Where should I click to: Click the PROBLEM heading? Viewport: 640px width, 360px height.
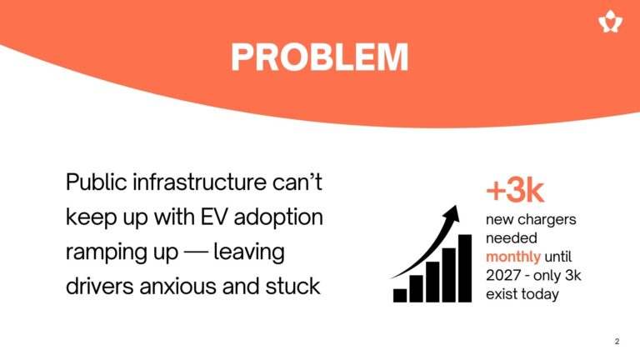tap(320, 57)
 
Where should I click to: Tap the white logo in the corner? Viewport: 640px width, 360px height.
tap(610, 21)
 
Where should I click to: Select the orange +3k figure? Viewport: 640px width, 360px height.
tap(515, 190)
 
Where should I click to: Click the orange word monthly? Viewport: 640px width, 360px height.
tap(513, 257)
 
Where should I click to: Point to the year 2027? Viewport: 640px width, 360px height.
tap(502, 276)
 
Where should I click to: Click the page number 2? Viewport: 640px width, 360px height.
tap(617, 341)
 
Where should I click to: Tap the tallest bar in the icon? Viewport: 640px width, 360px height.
tap(465, 268)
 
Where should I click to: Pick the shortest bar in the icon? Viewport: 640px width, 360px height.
tap(400, 296)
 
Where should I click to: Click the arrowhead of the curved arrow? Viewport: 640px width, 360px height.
tap(452, 213)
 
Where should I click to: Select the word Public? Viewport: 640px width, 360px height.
tap(97, 182)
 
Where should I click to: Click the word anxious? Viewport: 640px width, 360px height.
tap(178, 287)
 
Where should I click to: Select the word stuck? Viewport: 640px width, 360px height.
tap(292, 286)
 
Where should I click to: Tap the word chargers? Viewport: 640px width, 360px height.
tap(546, 220)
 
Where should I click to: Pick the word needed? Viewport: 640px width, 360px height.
tap(512, 238)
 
